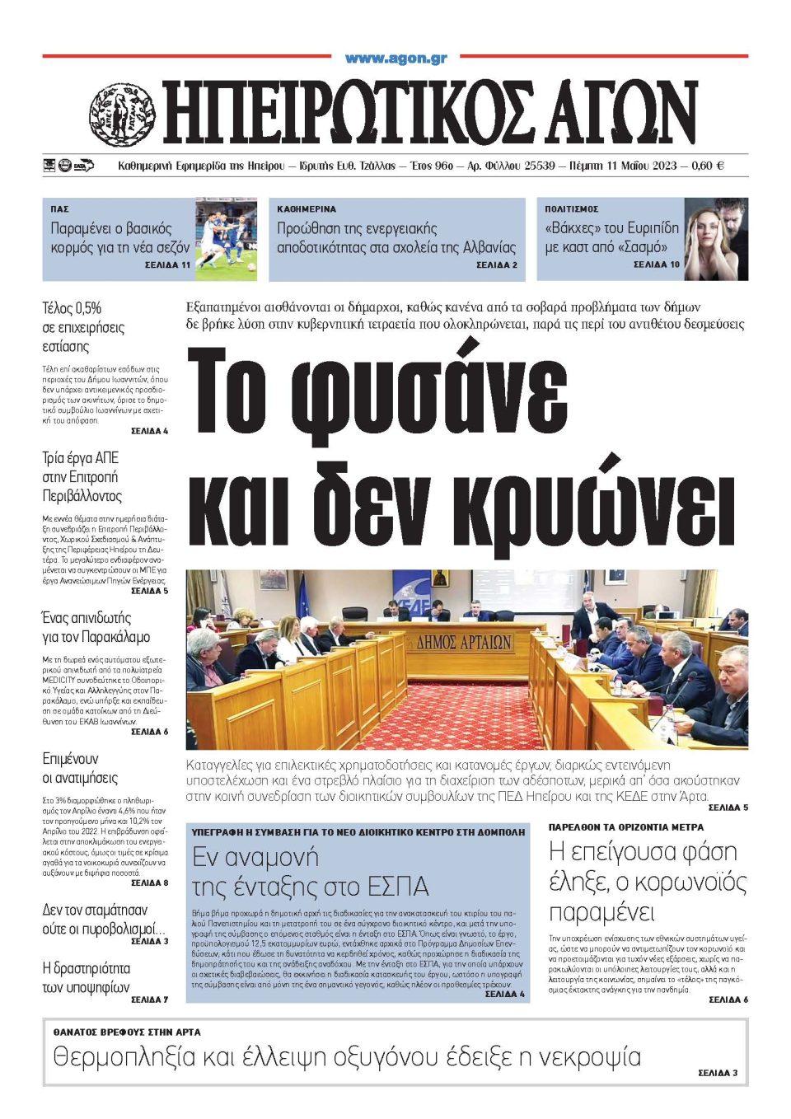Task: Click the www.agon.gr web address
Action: point(395,59)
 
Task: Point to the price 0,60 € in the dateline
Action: point(708,166)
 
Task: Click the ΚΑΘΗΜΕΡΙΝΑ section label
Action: point(307,209)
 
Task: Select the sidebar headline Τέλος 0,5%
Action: point(72,308)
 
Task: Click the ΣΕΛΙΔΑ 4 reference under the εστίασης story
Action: point(149,431)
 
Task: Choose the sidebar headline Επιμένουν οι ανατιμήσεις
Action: point(80,768)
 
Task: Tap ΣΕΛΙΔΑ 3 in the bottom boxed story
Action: point(718,1073)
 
